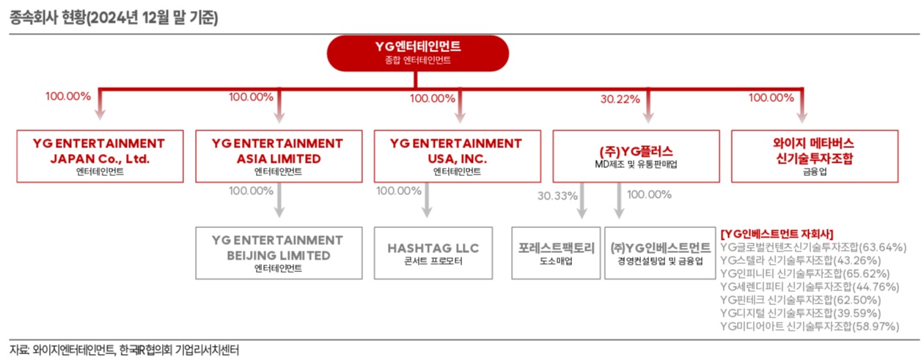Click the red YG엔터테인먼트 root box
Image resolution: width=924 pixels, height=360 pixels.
[417, 53]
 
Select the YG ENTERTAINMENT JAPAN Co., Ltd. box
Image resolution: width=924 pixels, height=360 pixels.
[99, 156]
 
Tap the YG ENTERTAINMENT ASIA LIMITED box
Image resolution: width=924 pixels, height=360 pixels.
[278, 156]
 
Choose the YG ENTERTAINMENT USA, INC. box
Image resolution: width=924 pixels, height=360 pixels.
[457, 156]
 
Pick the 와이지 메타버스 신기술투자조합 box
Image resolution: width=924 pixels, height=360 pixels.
[814, 156]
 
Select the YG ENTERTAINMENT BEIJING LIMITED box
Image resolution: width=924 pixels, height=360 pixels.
[278, 253]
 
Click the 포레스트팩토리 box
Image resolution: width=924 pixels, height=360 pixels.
[557, 253]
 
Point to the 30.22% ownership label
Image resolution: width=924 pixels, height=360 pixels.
[620, 98]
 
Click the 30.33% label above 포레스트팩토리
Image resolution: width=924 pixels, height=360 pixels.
[557, 196]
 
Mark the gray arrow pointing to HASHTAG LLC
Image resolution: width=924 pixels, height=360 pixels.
[426, 202]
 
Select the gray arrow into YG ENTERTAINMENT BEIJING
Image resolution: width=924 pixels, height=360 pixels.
[279, 202]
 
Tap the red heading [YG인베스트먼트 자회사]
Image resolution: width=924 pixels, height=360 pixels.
[777, 234]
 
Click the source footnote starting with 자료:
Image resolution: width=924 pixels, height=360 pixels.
[125, 350]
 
